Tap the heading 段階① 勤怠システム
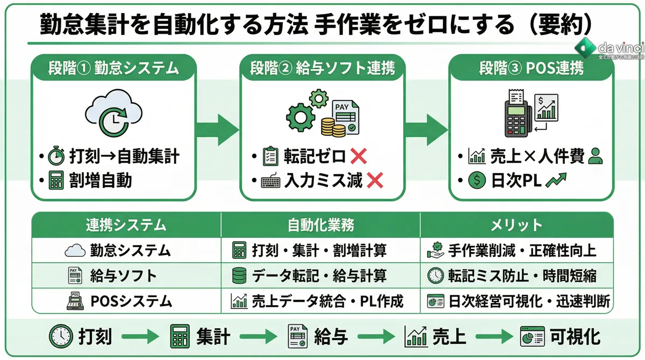click(x=113, y=68)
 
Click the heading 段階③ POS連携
click(x=531, y=68)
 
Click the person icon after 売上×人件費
click(x=596, y=156)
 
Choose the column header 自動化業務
click(x=320, y=225)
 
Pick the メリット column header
click(x=516, y=225)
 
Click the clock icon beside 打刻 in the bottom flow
click(x=60, y=337)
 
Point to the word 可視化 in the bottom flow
click(x=575, y=337)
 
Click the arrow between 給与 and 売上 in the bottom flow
click(x=374, y=337)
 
